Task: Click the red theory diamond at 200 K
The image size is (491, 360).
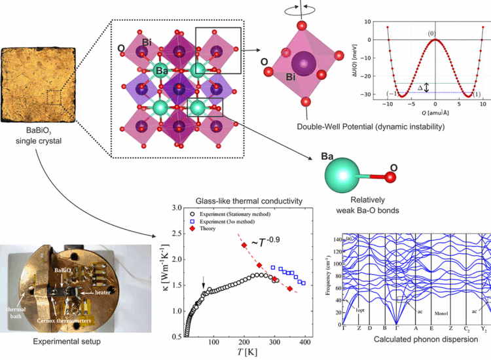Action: point(244,245)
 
